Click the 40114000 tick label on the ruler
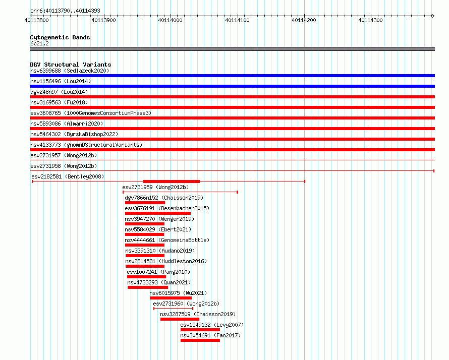[x=170, y=20]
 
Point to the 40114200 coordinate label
[x=304, y=20]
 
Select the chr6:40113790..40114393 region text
[x=65, y=11]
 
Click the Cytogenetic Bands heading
[x=60, y=37]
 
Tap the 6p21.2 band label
[x=39, y=43]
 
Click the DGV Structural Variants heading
[x=71, y=65]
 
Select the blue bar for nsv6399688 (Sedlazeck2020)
[x=232, y=76]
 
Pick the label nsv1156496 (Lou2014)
[x=61, y=81]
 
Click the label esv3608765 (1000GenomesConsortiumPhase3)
[x=91, y=113]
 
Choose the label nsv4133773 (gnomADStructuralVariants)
[x=86, y=145]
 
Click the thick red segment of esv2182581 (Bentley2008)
[x=172, y=182]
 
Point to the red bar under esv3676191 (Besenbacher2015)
[x=158, y=213]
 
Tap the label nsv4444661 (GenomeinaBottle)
[x=167, y=240]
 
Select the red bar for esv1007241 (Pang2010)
[x=147, y=277]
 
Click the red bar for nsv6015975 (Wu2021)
[x=171, y=298]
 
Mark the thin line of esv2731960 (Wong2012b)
[x=173, y=309]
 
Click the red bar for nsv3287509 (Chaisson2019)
[x=180, y=319]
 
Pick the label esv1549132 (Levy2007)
[x=212, y=325]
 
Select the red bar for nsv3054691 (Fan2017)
[x=200, y=340]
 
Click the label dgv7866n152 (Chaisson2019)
[x=164, y=198]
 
